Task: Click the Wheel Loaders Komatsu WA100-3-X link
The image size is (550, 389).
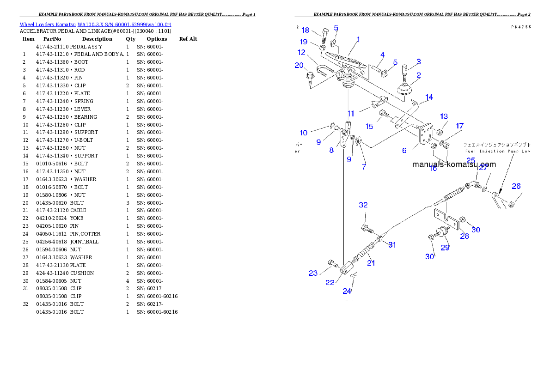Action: [x=95, y=24]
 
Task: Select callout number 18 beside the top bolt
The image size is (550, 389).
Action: [x=306, y=30]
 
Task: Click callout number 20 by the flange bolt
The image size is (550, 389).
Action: [x=299, y=65]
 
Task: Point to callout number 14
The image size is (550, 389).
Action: [x=429, y=97]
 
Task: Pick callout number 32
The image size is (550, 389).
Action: [x=364, y=205]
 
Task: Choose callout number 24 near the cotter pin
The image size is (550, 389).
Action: [x=347, y=291]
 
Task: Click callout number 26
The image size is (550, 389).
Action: [x=516, y=186]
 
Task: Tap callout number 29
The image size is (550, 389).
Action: [x=445, y=248]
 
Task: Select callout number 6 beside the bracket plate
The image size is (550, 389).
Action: [x=404, y=150]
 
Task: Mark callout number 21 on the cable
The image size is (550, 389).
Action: [x=371, y=263]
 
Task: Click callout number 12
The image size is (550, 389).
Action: [x=302, y=53]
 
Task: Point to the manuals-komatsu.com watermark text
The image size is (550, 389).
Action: [x=454, y=164]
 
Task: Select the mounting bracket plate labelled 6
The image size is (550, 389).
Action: [x=425, y=135]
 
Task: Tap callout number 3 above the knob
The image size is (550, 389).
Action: [x=418, y=61]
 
